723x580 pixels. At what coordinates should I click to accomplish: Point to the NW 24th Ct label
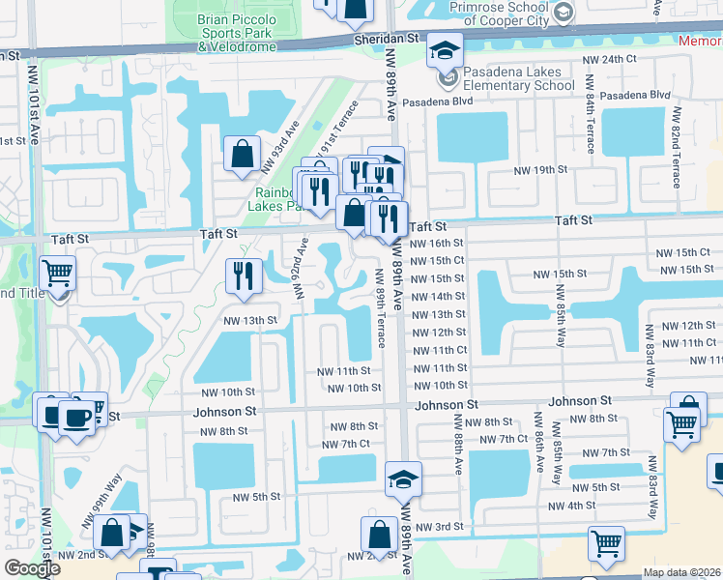tap(611, 60)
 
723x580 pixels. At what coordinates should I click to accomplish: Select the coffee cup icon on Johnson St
tap(75, 419)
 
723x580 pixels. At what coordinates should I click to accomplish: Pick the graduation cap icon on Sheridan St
tap(446, 49)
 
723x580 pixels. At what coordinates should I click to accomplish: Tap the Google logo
tap(32, 568)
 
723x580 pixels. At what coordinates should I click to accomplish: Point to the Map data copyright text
tap(681, 572)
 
